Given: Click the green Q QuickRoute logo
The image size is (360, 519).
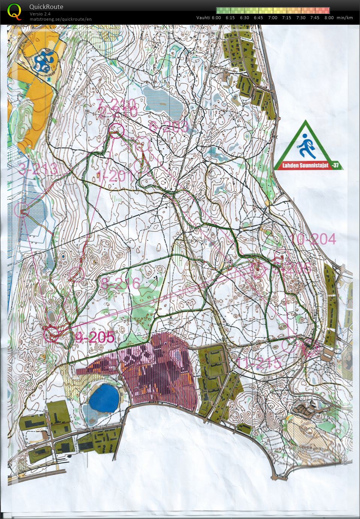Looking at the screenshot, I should (x=14, y=11).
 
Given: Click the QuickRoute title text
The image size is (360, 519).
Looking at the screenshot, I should (x=46, y=7).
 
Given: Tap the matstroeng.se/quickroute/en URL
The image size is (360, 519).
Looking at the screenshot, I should (x=61, y=19).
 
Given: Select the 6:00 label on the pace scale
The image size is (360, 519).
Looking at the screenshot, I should (x=216, y=18).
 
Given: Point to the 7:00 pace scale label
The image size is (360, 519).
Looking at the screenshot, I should (x=273, y=18).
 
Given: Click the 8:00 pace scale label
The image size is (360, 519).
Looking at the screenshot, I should (x=329, y=18).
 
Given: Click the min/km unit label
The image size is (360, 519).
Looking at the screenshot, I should (x=345, y=18).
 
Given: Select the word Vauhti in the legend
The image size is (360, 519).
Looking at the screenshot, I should (x=203, y=18).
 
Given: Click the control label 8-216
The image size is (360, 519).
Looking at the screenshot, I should (x=121, y=283).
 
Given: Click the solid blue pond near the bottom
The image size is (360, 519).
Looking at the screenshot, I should (x=103, y=398).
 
